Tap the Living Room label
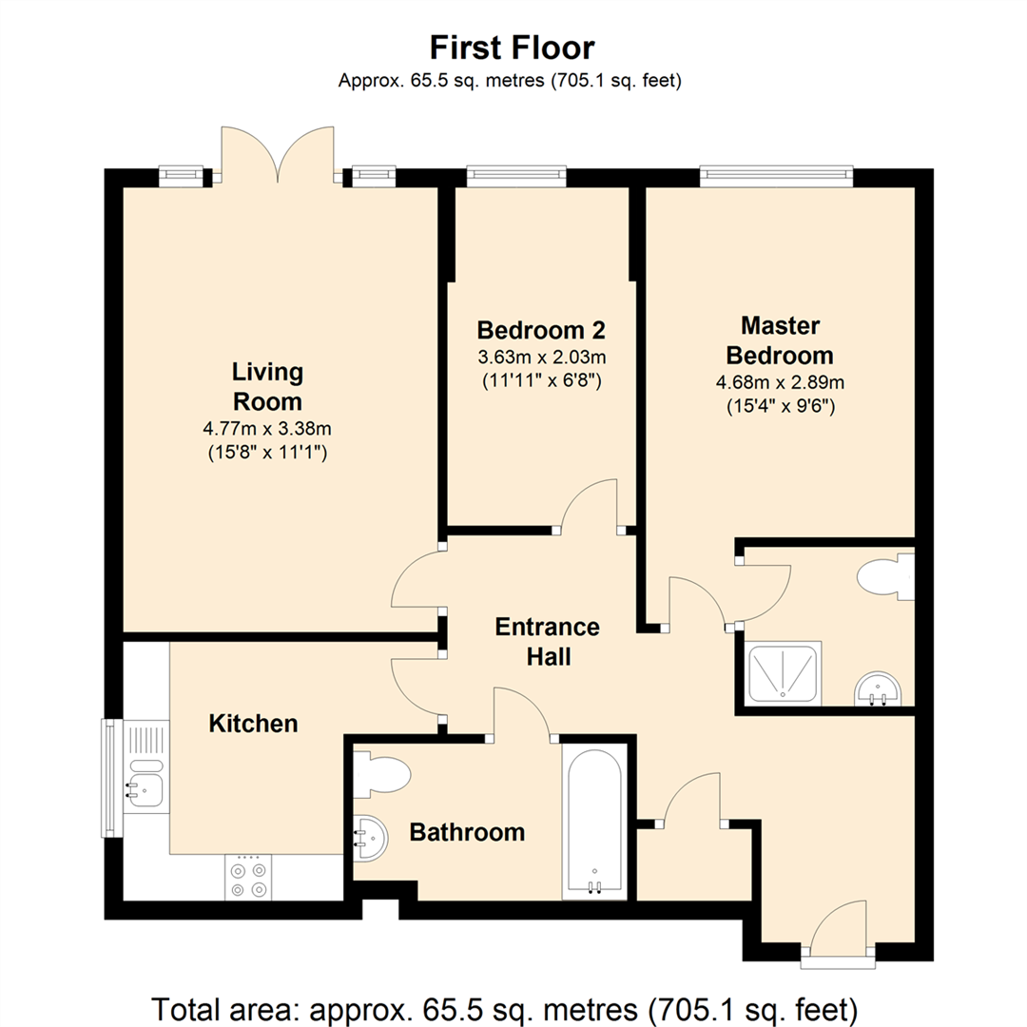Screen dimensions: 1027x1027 point(267,385)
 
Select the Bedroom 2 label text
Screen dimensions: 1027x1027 point(540,330)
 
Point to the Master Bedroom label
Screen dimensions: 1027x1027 point(780,340)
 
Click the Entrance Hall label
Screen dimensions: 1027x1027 point(547,641)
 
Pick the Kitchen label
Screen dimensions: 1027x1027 point(253,724)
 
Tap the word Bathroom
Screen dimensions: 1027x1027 point(466,833)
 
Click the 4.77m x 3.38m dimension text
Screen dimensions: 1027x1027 point(267,428)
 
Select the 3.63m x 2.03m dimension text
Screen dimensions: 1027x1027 point(540,358)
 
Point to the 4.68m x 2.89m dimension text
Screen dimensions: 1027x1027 point(780,383)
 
